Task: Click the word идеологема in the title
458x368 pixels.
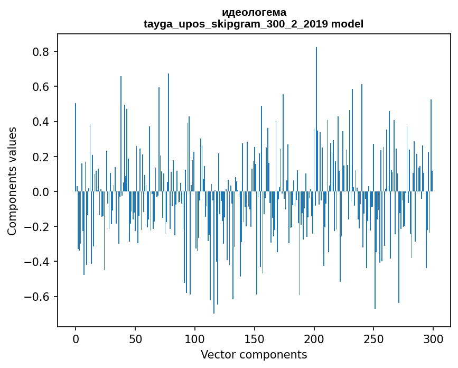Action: (254, 12)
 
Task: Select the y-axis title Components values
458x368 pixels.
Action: (12, 181)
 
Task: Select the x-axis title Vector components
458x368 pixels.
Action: (254, 354)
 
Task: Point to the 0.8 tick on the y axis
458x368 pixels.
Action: (42, 52)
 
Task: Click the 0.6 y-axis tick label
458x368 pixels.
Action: (42, 87)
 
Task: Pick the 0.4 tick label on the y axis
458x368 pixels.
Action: (42, 122)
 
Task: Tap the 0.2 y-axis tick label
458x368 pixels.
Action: (42, 157)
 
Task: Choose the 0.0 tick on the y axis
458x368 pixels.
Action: (42, 191)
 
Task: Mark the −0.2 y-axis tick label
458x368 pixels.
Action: (38, 226)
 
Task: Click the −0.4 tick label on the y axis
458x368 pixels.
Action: (38, 261)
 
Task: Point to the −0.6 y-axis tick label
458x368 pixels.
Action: (38, 296)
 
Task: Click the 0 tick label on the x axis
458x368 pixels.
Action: (76, 339)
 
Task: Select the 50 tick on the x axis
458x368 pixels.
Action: (135, 339)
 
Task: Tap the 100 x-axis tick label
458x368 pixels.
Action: (195, 339)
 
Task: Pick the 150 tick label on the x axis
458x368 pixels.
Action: (254, 339)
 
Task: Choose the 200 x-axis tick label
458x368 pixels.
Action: (314, 339)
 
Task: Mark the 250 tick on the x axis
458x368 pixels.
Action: (373, 339)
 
